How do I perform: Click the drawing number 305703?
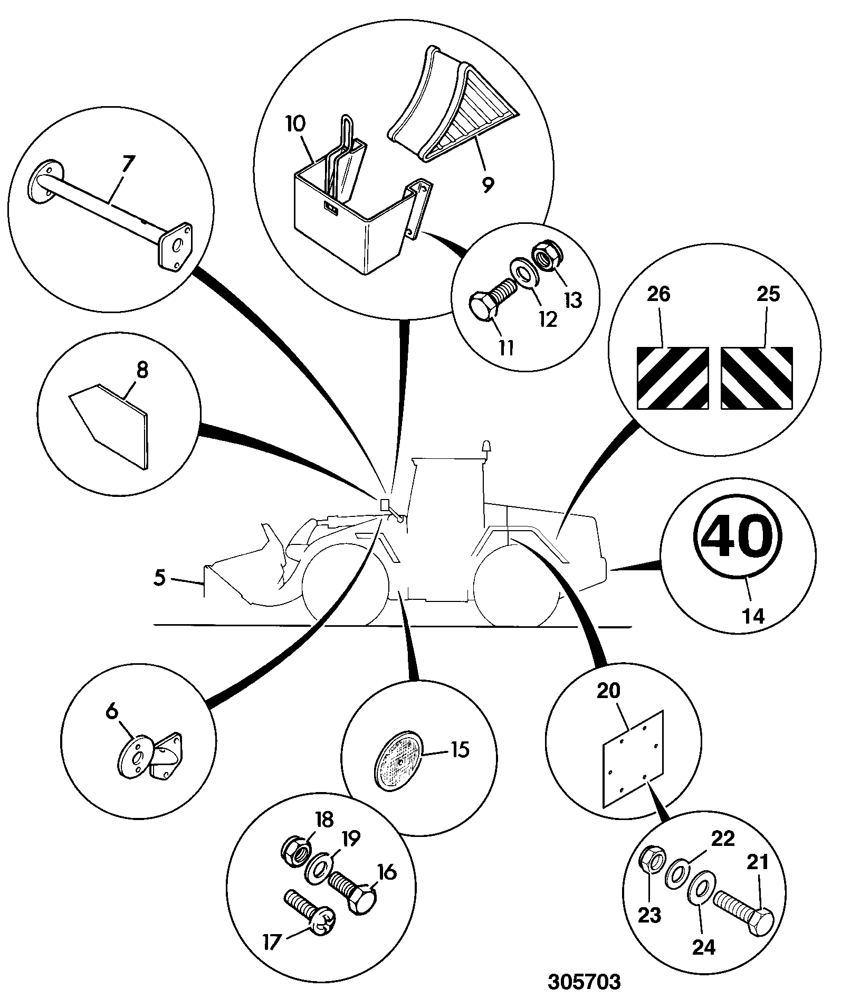click(584, 982)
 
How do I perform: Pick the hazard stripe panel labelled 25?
click(757, 378)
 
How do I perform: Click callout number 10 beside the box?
click(295, 125)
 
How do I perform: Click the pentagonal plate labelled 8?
click(109, 425)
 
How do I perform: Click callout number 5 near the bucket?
click(159, 578)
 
